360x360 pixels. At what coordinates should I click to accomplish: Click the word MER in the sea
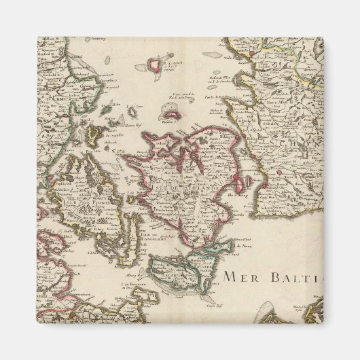tap(241, 276)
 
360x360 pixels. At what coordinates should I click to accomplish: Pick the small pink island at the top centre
tap(159, 65)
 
